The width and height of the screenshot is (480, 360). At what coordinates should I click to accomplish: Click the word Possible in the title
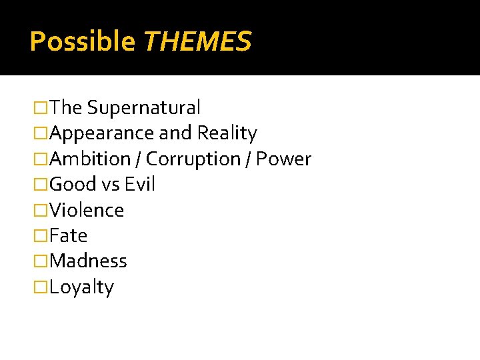tap(82, 42)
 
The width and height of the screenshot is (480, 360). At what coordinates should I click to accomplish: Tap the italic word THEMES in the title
tap(197, 42)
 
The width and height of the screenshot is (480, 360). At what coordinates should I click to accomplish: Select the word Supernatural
tap(143, 107)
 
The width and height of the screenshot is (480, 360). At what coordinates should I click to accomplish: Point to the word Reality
tap(227, 133)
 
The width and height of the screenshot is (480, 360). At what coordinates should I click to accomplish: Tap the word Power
tap(284, 159)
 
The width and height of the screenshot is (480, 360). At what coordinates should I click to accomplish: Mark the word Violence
tap(87, 211)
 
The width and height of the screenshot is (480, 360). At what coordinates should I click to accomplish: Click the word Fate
tap(68, 236)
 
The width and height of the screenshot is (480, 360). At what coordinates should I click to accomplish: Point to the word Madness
tap(88, 261)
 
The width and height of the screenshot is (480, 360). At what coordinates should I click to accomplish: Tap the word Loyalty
tap(81, 287)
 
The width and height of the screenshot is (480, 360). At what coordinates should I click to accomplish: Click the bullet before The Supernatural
tap(41, 107)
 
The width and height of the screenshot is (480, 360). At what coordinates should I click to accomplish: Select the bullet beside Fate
tap(41, 236)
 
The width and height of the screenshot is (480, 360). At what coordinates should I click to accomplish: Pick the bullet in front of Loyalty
tap(41, 287)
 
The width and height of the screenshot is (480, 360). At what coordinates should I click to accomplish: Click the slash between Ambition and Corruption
tap(138, 159)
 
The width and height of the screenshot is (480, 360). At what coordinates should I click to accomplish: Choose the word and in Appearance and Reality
tap(175, 133)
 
